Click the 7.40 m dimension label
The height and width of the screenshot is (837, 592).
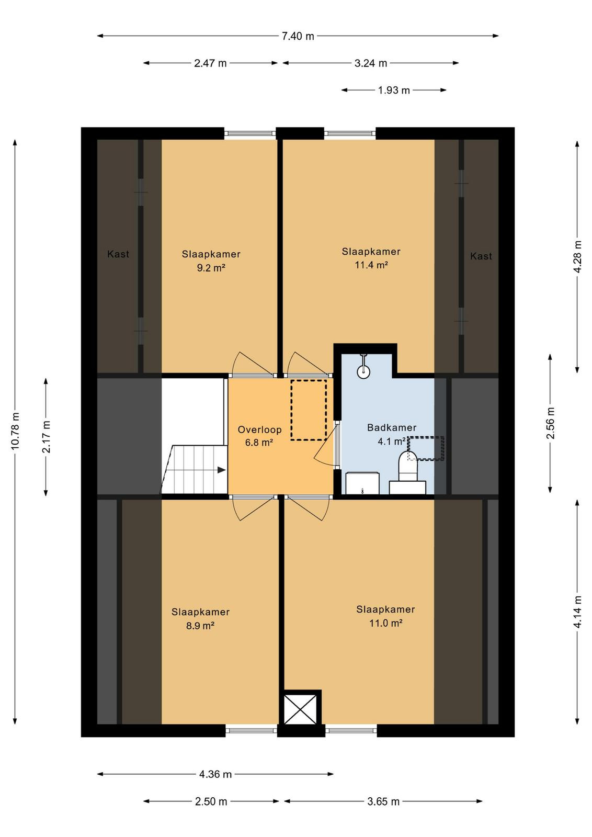tap(298, 36)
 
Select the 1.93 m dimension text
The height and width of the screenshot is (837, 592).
tap(394, 91)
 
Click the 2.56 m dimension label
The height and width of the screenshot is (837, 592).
tap(550, 423)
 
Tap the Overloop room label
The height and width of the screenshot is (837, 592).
tap(259, 429)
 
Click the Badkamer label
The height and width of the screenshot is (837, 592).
tap(391, 427)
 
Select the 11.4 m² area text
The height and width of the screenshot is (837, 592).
tap(371, 265)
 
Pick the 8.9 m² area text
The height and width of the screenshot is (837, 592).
tap(200, 626)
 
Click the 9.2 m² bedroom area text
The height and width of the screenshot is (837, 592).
tap(211, 267)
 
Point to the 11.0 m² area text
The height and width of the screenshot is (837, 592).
tap(385, 623)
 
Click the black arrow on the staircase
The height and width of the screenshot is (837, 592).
tap(222, 470)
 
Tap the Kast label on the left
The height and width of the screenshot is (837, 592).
tap(118, 254)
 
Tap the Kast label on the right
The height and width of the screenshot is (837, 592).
tap(481, 256)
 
